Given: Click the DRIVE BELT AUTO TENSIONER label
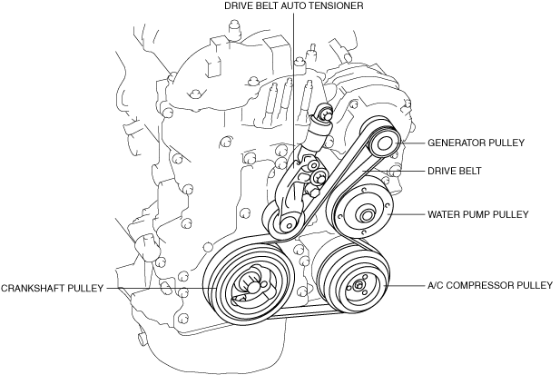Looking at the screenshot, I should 294,6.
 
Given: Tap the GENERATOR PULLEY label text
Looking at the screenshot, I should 476,143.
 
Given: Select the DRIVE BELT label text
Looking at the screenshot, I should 456,170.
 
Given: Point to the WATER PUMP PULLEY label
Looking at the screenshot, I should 478,215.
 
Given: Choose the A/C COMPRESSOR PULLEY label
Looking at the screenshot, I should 489,285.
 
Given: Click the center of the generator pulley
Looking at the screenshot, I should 383,143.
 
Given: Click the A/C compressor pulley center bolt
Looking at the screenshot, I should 359,286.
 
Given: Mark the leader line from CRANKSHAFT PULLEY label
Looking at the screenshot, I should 163,288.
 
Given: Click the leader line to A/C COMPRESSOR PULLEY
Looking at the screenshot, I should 404,286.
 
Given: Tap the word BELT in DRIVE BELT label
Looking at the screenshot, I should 469,170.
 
